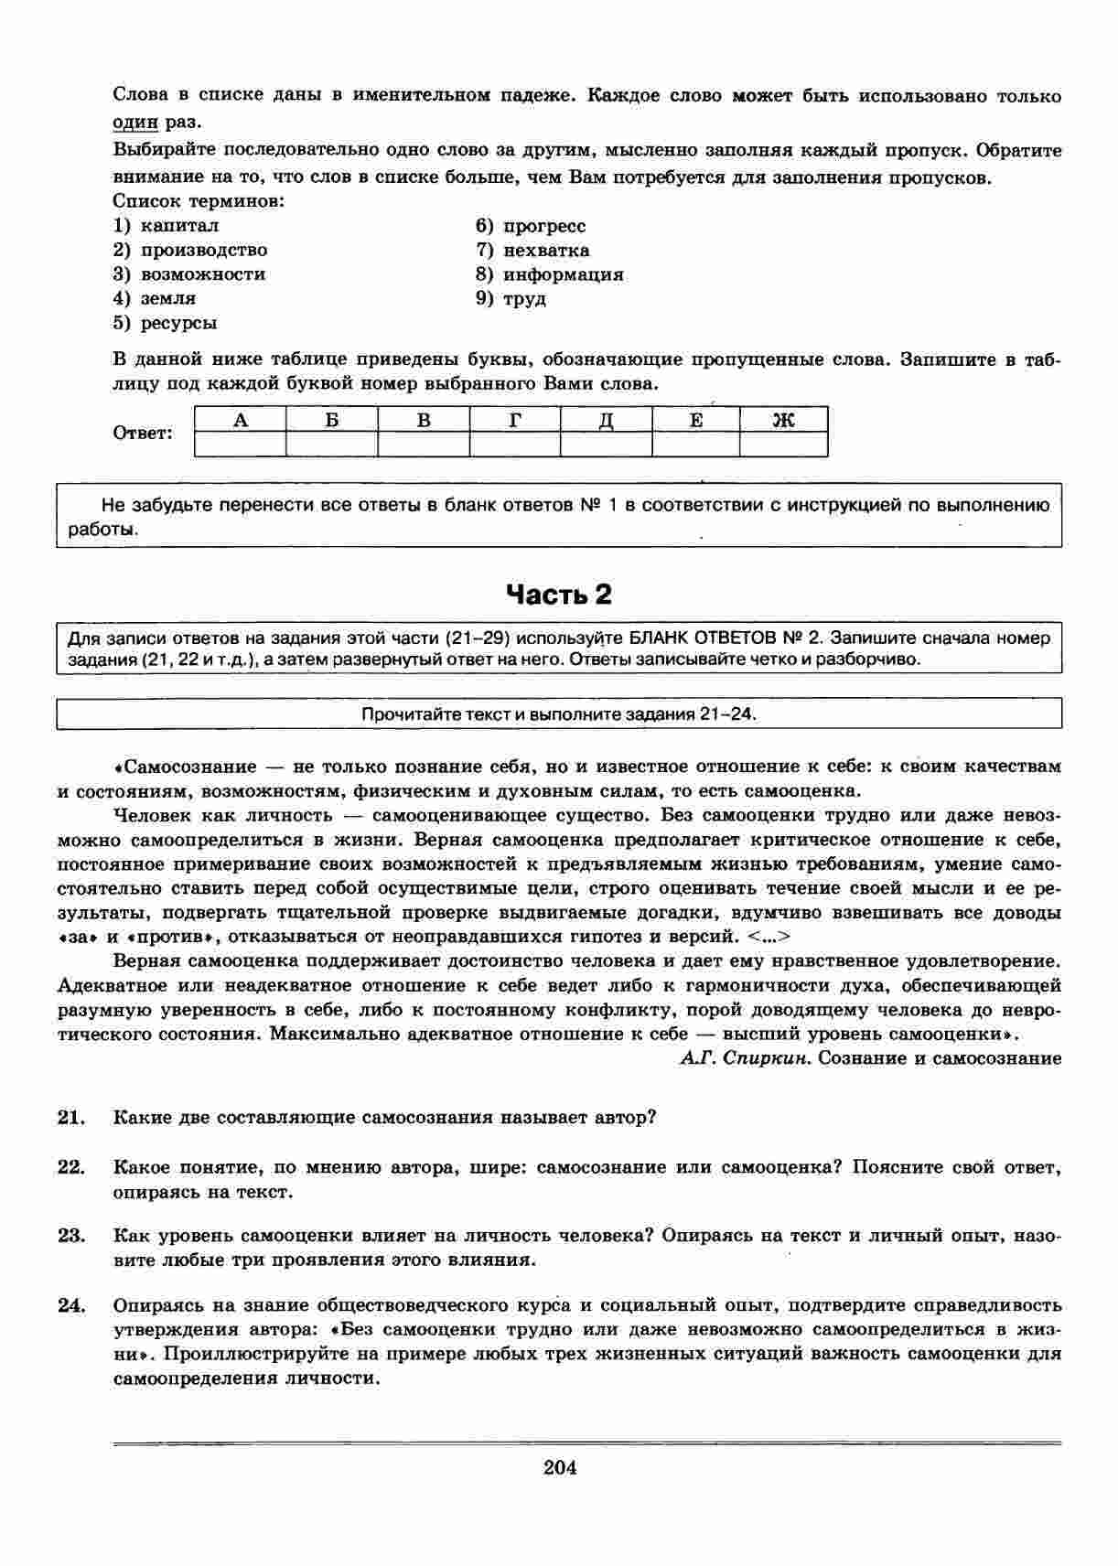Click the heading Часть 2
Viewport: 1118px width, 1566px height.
click(559, 595)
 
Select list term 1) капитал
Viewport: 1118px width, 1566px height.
click(167, 226)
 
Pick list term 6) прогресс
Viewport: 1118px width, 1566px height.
click(531, 226)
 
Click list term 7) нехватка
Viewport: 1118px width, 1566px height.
click(532, 251)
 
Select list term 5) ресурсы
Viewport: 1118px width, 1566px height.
click(166, 323)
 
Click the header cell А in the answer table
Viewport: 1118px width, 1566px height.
click(241, 420)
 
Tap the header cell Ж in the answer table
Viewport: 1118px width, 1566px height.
click(784, 420)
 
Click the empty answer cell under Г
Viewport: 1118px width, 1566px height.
click(515, 445)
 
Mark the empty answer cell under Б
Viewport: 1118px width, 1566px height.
click(332, 445)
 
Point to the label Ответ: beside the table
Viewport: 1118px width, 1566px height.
click(143, 434)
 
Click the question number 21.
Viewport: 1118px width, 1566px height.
click(71, 1117)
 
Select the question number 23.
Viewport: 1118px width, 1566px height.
click(71, 1236)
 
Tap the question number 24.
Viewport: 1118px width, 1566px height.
click(71, 1305)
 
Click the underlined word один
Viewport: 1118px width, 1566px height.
click(135, 122)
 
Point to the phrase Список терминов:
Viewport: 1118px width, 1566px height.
click(199, 201)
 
